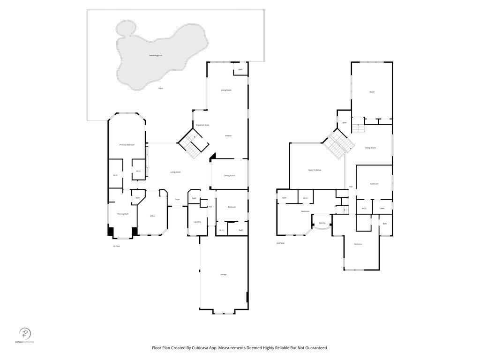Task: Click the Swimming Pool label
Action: pyautogui.click(x=155, y=55)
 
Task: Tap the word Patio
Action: pyautogui.click(x=160, y=88)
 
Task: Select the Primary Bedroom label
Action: pyautogui.click(x=127, y=145)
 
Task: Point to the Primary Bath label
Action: pyautogui.click(x=123, y=214)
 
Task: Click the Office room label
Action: pyautogui.click(x=152, y=216)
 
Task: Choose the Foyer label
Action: pyautogui.click(x=177, y=199)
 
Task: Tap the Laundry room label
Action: pyautogui.click(x=197, y=222)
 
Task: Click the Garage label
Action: pyautogui.click(x=224, y=274)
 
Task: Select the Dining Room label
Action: pyautogui.click(x=229, y=176)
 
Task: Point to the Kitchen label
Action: pyautogui.click(x=228, y=135)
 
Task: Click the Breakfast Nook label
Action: pyautogui.click(x=202, y=125)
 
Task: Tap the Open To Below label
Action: pyautogui.click(x=315, y=170)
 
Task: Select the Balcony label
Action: pyautogui.click(x=322, y=223)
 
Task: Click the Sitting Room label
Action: pyautogui.click(x=370, y=148)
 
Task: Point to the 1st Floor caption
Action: pyautogui.click(x=116, y=246)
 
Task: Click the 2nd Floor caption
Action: pyautogui.click(x=280, y=243)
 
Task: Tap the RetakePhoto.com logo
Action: pyautogui.click(x=25, y=335)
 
